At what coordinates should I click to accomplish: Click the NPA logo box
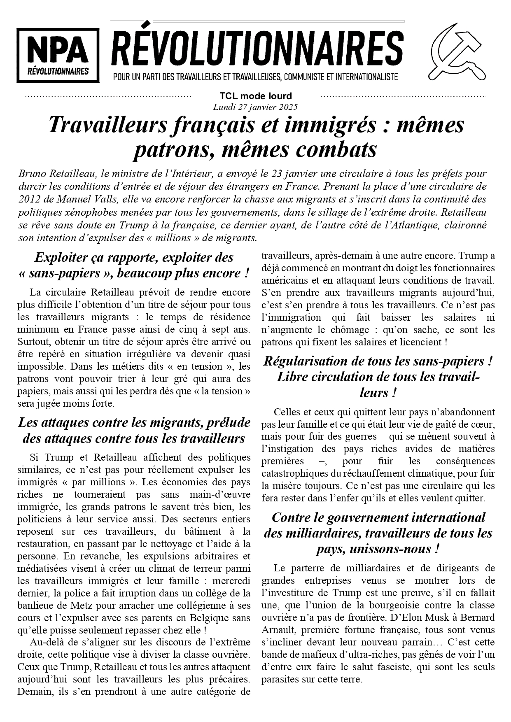tap(58, 55)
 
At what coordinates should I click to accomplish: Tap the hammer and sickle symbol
tap(457, 51)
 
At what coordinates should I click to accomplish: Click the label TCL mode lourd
tap(255, 96)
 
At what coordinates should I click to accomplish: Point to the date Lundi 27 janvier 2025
tap(255, 107)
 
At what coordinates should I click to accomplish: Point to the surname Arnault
tap(277, 630)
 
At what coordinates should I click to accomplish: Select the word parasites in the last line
tap(280, 680)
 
